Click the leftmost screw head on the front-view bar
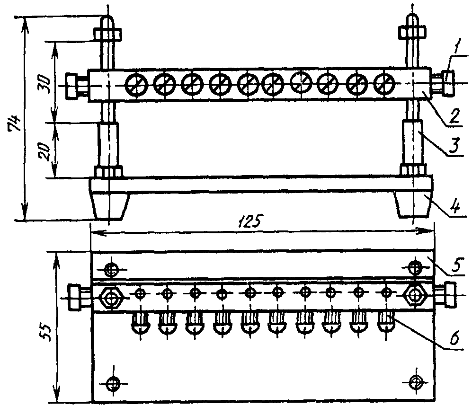136,84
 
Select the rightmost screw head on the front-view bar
384,84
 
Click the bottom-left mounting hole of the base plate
112,382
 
